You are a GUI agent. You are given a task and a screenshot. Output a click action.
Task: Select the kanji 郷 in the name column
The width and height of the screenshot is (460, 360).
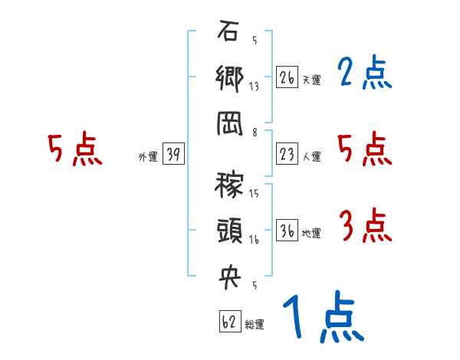[229, 80]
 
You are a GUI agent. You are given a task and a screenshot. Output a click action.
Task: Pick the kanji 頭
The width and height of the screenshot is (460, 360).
[229, 231]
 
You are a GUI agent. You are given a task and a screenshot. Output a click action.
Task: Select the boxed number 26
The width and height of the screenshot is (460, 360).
[287, 78]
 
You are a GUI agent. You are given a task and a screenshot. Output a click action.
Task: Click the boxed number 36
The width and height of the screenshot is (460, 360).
[287, 232]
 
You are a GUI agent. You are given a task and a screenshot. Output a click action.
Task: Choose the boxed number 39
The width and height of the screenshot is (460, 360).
[173, 155]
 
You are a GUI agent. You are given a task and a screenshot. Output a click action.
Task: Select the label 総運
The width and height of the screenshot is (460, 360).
[255, 324]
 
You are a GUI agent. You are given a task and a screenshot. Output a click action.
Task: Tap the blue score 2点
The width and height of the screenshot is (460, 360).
[364, 74]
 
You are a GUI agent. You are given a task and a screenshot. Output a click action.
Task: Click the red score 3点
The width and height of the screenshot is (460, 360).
[364, 227]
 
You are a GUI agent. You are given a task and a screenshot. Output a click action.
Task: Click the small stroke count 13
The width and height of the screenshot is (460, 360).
[254, 87]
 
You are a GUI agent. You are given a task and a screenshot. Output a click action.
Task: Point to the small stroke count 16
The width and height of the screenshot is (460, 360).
[254, 240]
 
